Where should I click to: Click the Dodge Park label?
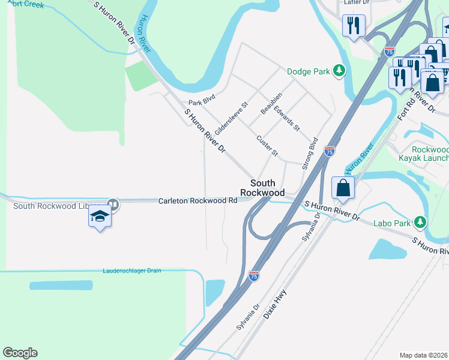[x=309, y=71]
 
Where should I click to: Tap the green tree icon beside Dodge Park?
[x=339, y=71]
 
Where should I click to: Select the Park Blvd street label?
[x=202, y=102]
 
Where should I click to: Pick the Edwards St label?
[x=287, y=118]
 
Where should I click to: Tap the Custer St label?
[x=267, y=146]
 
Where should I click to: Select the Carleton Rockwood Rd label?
[x=197, y=201]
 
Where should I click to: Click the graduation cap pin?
[x=100, y=217]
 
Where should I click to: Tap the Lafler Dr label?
[x=356, y=2]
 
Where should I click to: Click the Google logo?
[x=20, y=353]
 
